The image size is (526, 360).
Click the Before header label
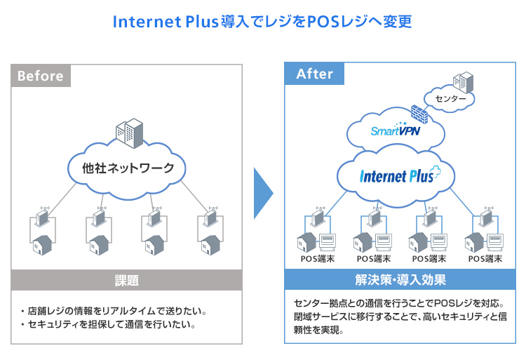40,76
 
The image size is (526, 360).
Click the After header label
315,74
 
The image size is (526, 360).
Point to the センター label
450,98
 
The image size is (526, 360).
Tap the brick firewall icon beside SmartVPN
419,114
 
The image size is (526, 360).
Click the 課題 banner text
127,281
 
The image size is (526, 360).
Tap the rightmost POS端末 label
485,259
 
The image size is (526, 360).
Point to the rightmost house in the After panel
473,242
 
